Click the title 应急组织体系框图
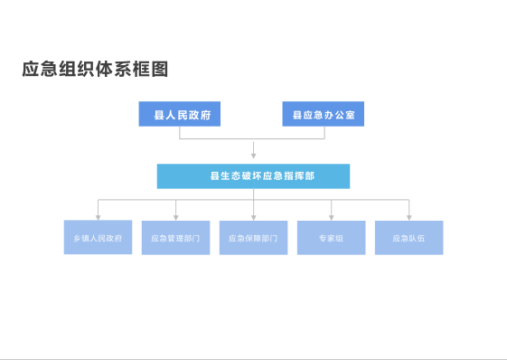tap(95, 70)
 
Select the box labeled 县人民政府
tap(180, 114)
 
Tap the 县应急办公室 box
tap(324, 114)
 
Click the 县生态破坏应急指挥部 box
tap(253, 175)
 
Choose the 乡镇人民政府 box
tap(98, 238)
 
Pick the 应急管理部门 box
tap(175, 238)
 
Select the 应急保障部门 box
tap(253, 238)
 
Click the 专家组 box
tap(331, 238)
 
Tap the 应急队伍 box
tap(408, 238)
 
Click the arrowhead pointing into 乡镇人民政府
tap(98, 217)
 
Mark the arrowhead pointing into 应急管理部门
tap(175, 217)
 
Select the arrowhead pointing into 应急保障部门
tap(253, 217)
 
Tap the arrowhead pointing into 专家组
tap(331, 217)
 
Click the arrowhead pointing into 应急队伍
tap(408, 217)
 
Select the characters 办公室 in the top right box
tap(340, 114)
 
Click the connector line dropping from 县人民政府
tap(180, 132)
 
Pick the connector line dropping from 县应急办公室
tap(324, 132)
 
